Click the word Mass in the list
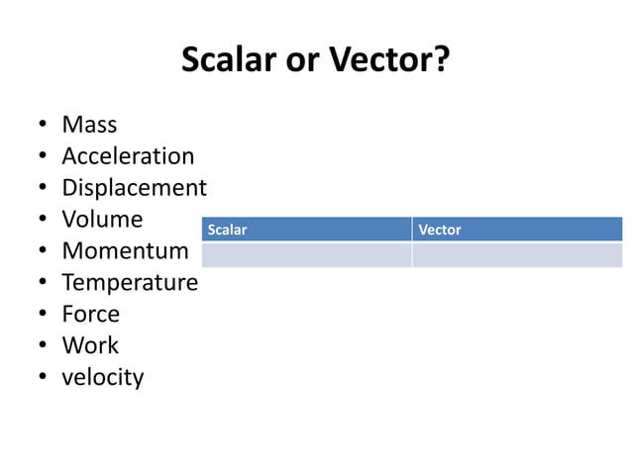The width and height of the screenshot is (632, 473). point(89,125)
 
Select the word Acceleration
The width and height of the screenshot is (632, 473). point(128,156)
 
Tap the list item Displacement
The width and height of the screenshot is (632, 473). point(134,188)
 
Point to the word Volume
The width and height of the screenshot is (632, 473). point(102,220)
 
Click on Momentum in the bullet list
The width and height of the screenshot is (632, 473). point(125,251)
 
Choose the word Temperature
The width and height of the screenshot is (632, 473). point(130,283)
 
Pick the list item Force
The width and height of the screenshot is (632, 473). point(90,315)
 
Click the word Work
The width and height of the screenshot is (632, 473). point(90,346)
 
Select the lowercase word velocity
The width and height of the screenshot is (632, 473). point(102,378)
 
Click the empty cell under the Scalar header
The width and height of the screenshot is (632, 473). point(306,254)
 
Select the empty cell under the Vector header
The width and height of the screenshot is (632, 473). point(517,254)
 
